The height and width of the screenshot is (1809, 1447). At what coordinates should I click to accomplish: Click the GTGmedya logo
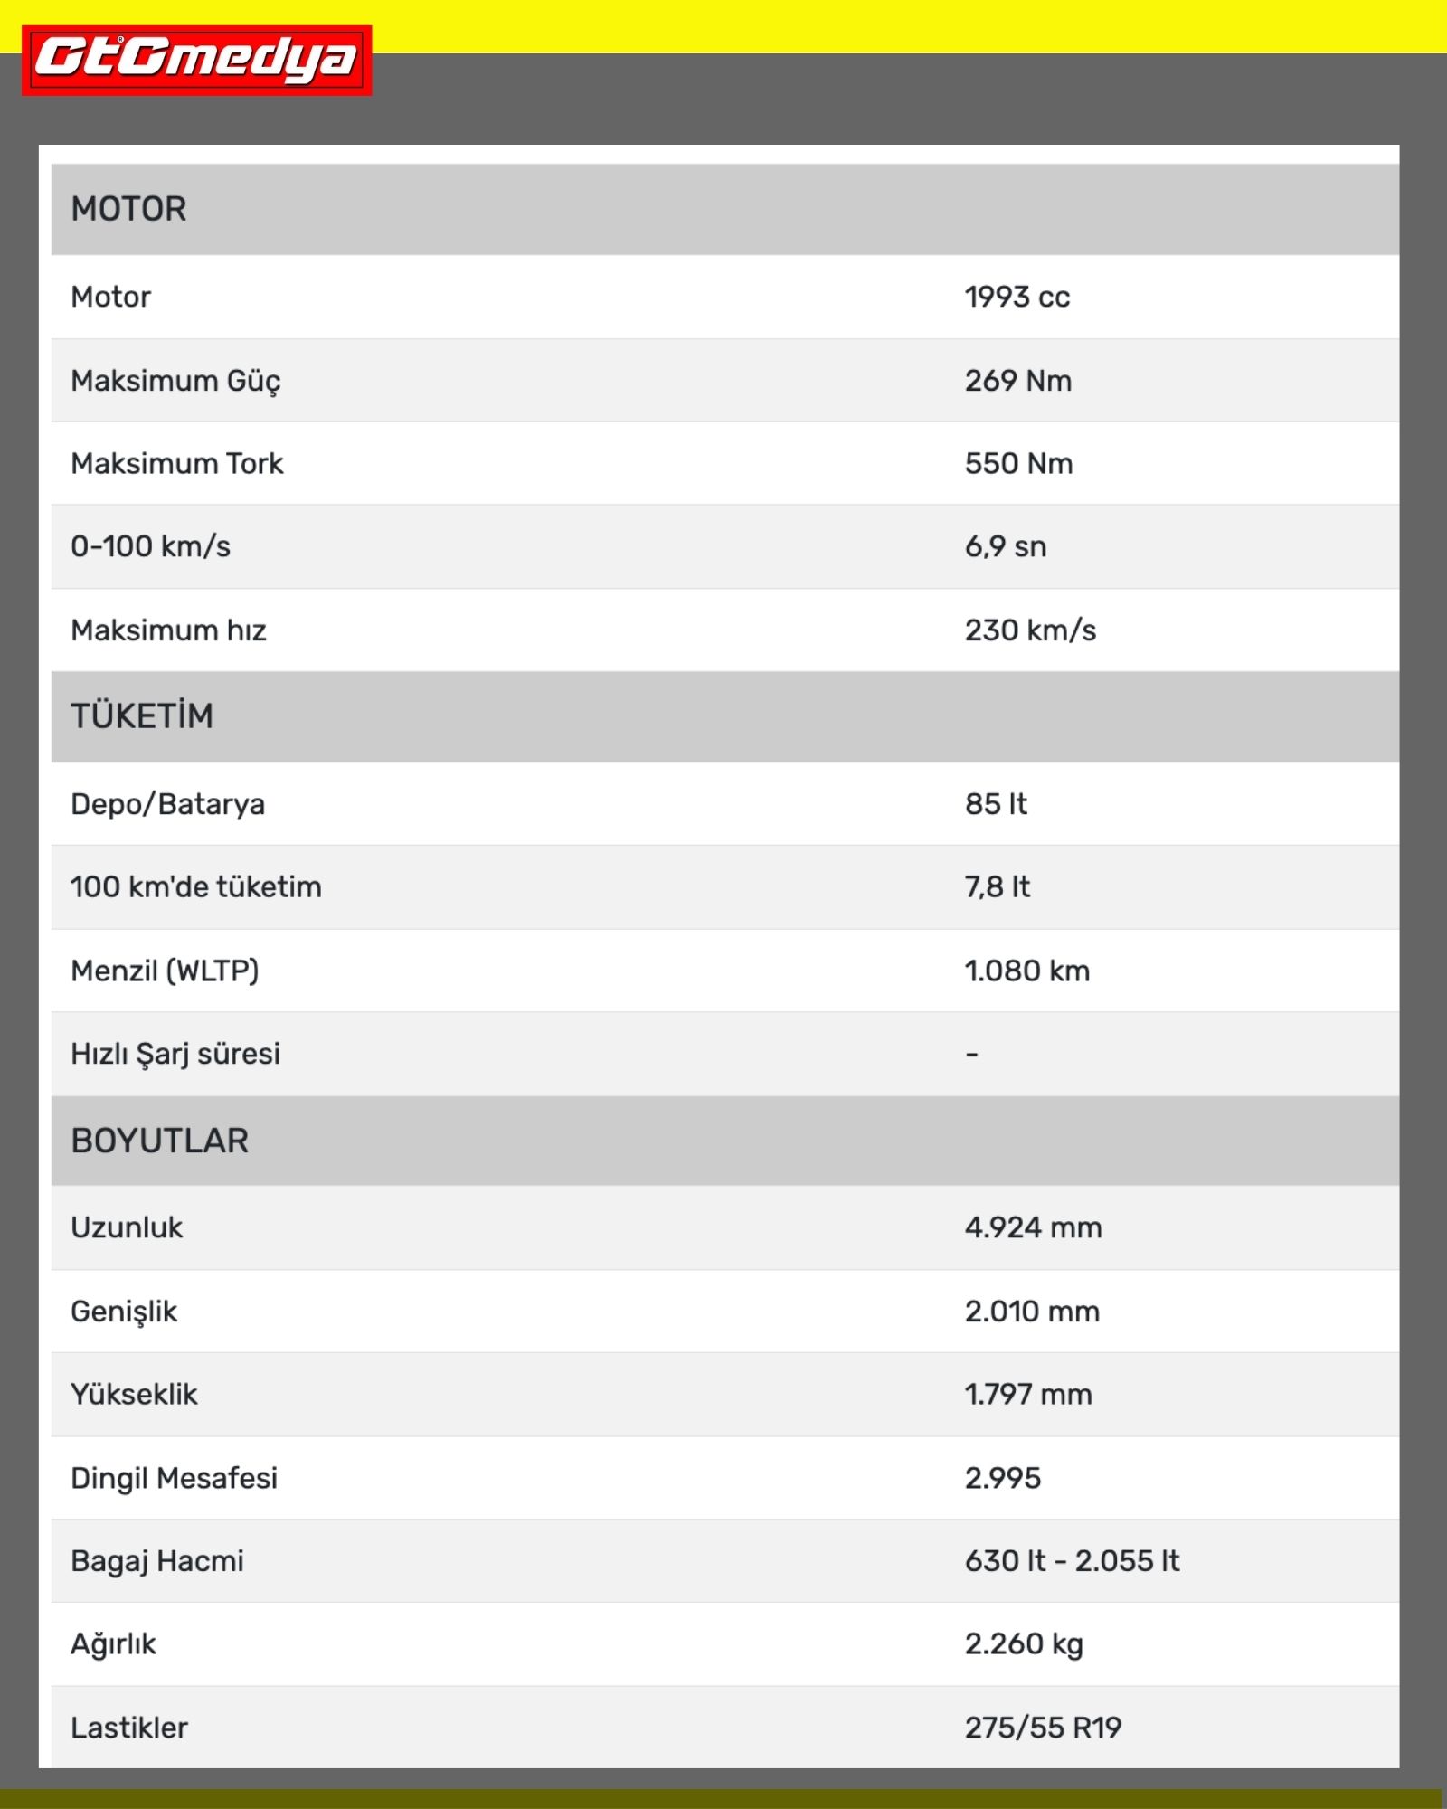[196, 60]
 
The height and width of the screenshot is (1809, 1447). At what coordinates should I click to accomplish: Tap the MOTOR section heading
[128, 209]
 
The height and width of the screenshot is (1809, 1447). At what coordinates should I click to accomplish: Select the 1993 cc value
[1017, 297]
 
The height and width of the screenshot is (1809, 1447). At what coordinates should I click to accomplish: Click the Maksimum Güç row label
[175, 381]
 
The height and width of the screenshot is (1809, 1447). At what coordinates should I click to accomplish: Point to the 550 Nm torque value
[1018, 463]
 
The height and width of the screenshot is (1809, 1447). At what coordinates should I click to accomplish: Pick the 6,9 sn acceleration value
[1005, 546]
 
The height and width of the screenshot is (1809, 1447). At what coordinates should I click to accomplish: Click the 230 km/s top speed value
[1030, 630]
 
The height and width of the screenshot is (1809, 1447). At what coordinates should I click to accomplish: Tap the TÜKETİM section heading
[142, 715]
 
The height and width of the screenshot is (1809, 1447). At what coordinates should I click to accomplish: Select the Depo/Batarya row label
[167, 803]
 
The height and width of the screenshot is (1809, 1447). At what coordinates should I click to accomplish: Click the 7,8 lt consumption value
[997, 886]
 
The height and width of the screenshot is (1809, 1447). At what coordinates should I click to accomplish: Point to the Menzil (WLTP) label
[165, 971]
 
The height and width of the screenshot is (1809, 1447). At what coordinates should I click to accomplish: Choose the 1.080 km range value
[1026, 971]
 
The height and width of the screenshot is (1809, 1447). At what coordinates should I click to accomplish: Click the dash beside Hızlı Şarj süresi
[971, 1055]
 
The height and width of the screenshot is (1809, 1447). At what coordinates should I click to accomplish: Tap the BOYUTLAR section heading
[159, 1141]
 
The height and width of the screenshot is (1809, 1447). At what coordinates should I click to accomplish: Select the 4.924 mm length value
[1033, 1227]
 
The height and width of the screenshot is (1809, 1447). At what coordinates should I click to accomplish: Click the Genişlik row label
[124, 1312]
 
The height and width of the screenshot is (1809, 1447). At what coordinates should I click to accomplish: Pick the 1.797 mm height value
[1027, 1394]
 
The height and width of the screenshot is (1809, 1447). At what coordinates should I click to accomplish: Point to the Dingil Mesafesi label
[174, 1478]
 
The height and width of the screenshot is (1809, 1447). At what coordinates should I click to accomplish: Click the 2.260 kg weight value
[1023, 1643]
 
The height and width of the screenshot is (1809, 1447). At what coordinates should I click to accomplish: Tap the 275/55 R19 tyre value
[1043, 1728]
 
